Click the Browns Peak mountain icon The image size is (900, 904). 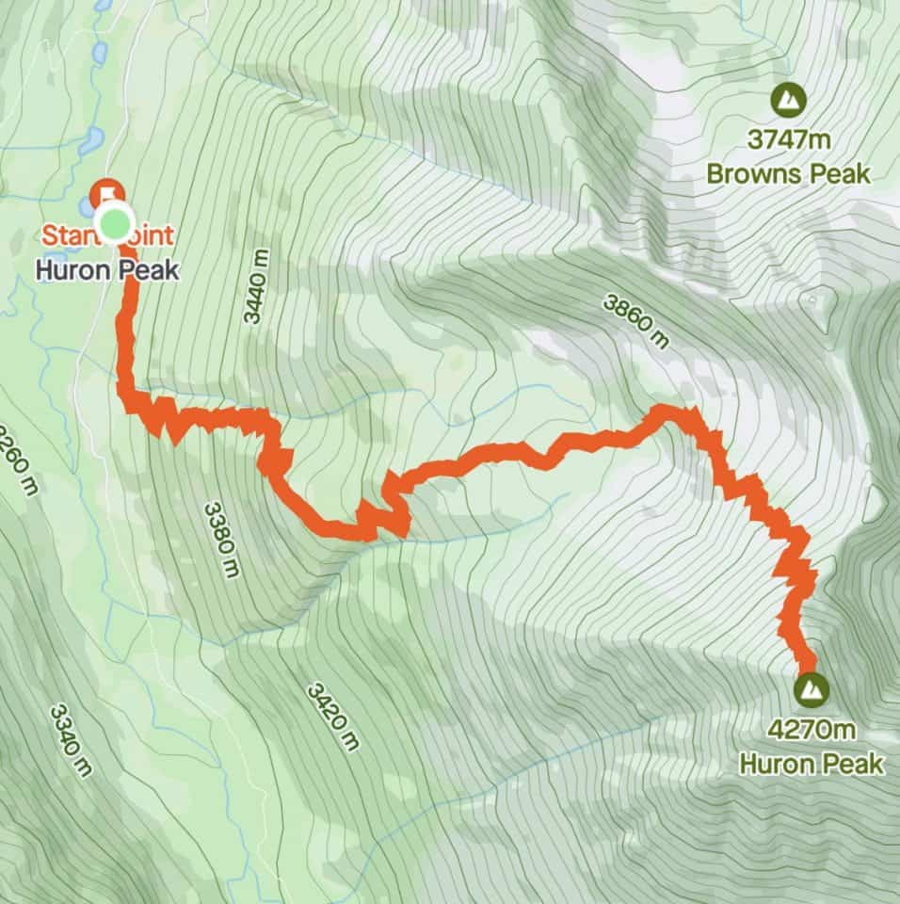tap(788, 98)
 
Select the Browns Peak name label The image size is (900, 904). tap(789, 174)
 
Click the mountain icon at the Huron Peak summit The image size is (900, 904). tap(809, 689)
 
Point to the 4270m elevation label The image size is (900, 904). tap(811, 730)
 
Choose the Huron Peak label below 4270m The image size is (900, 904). tap(811, 763)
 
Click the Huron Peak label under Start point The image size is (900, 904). tap(105, 269)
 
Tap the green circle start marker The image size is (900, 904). tap(113, 225)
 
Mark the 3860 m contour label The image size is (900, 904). tap(637, 319)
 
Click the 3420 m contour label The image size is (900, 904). tap(332, 716)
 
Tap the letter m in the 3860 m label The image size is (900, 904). tap(661, 339)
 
